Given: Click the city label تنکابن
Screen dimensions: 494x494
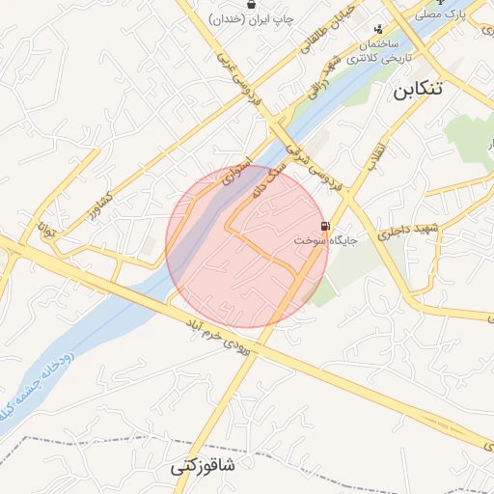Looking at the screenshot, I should tap(418, 90).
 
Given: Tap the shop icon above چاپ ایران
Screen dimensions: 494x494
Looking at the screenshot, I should tap(251, 4).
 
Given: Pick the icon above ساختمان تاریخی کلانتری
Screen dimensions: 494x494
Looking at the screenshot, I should tap(377, 28).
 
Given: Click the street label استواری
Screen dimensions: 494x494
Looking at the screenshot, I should tap(236, 172).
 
